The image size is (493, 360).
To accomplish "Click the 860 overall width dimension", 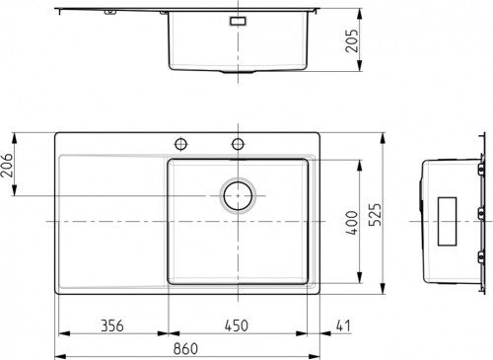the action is [x=185, y=348].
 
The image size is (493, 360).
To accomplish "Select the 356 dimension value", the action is [x=112, y=325].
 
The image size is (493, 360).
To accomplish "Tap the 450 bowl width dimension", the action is [x=237, y=325].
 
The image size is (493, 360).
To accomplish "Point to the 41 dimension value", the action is [x=343, y=325].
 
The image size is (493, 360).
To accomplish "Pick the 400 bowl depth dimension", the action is [x=352, y=223].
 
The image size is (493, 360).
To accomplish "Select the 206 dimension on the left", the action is [x=7, y=165].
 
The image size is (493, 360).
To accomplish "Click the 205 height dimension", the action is [x=352, y=40].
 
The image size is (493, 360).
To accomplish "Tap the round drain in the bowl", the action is [x=238, y=196].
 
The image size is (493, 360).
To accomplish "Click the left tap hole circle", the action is [x=181, y=144].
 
